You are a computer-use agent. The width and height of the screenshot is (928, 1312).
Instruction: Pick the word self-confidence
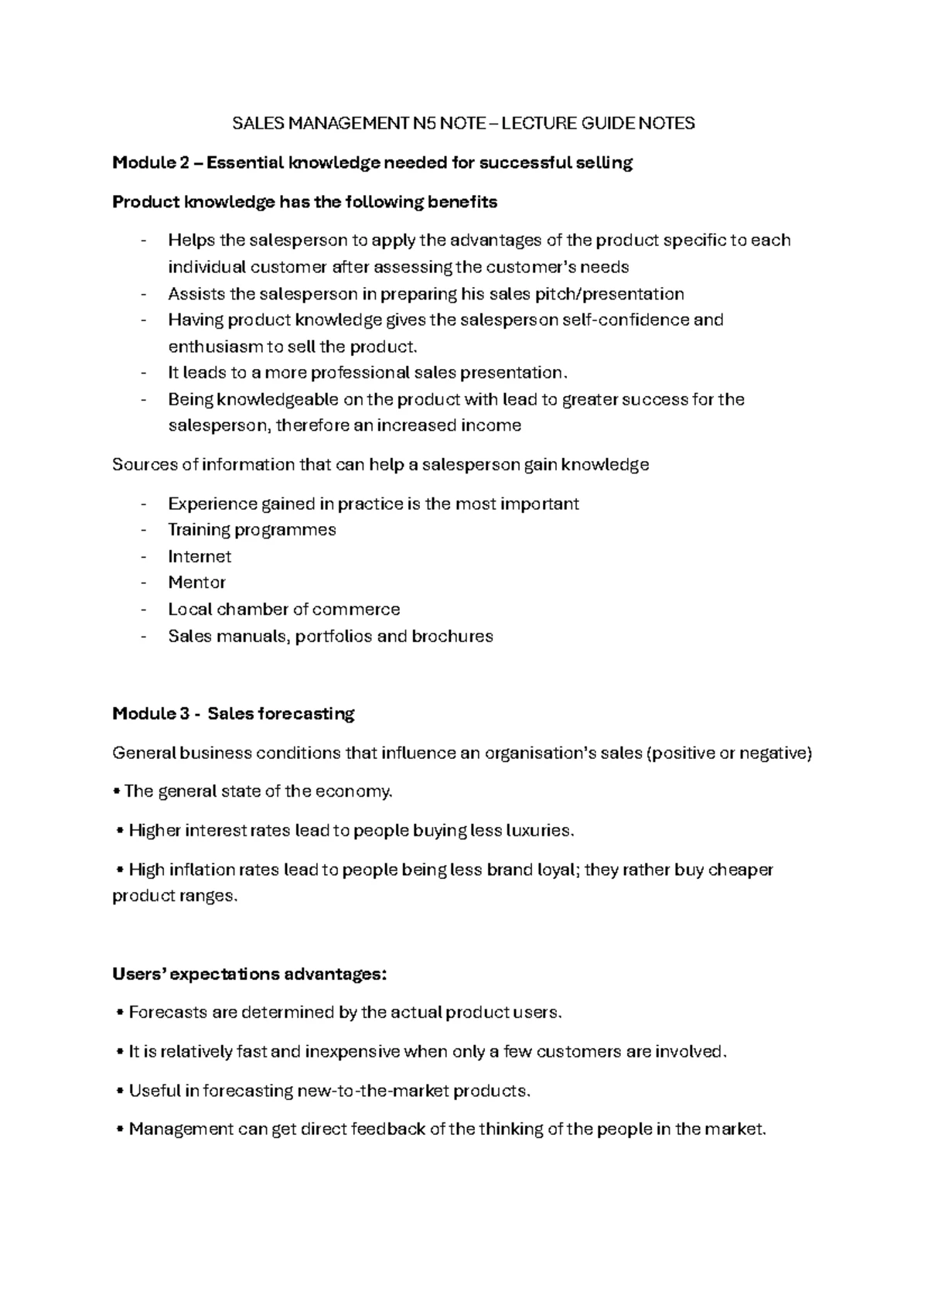tap(626, 319)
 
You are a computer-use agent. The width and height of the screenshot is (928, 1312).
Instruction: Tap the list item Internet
tap(200, 556)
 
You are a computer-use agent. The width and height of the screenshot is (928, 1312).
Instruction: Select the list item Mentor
tap(196, 583)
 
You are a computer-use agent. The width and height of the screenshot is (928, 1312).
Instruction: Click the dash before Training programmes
tap(144, 530)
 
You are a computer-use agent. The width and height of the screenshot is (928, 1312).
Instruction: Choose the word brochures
tap(452, 636)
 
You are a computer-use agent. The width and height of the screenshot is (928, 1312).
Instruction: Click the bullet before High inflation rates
tap(120, 870)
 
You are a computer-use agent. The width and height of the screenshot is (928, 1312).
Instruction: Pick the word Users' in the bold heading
tap(138, 974)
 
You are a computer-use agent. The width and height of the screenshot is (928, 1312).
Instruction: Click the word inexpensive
tap(353, 1052)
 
